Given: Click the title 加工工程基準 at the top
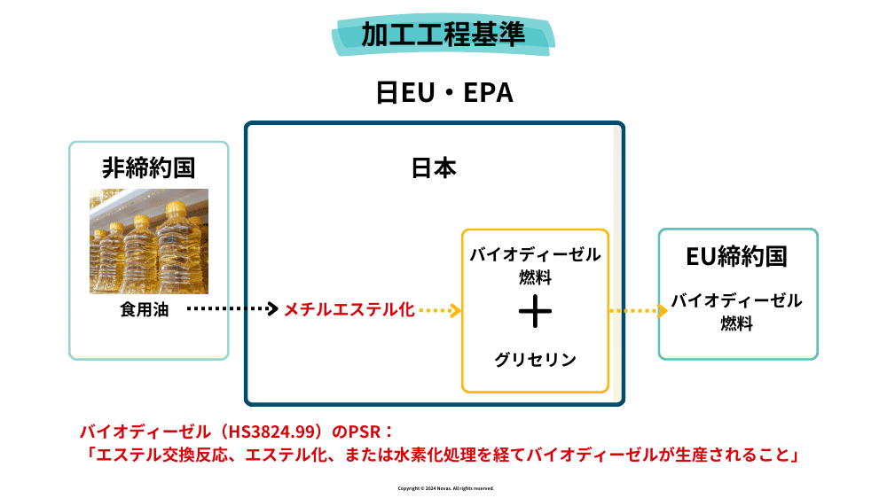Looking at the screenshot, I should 443,34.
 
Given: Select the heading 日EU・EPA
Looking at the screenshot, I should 443,93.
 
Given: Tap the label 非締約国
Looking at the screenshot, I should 148,167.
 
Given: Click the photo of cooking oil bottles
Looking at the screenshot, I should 148,240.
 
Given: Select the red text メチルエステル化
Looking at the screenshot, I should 349,310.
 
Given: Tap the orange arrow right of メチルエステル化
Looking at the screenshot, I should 440,310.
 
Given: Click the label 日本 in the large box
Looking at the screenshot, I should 434,168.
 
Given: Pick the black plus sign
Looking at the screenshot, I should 535,311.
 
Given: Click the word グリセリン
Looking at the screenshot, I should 535,360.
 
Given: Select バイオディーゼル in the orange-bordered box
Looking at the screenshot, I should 535,255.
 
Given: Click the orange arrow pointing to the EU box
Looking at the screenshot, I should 638,310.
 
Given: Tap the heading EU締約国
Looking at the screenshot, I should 737,257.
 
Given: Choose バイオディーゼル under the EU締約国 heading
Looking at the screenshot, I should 736,300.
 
